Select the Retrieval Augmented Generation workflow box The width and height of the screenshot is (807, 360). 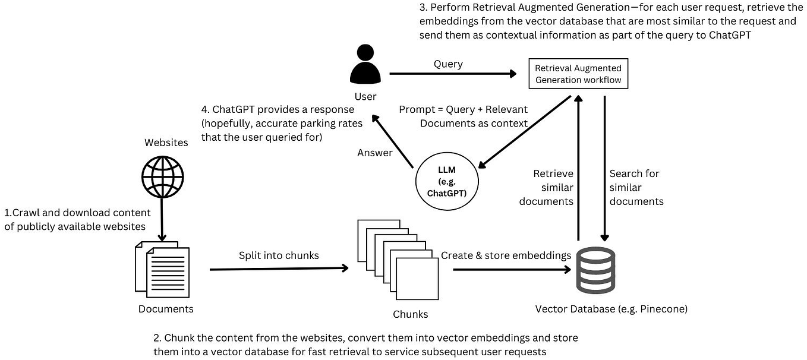coord(578,74)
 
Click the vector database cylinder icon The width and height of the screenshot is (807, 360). coord(596,270)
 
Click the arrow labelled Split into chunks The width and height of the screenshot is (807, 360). coord(279,269)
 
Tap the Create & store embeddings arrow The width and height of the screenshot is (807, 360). coord(510,269)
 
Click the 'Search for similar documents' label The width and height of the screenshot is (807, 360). coord(636,187)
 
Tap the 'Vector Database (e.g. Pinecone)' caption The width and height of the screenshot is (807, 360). coord(611,309)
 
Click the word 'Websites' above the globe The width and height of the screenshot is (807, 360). coord(166,143)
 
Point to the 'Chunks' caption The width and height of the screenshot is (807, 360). coord(410,314)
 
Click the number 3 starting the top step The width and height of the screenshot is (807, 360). coord(423,10)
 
